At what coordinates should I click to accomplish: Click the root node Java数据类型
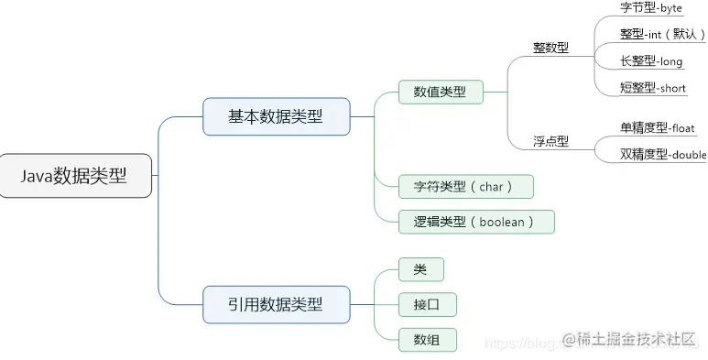(75, 175)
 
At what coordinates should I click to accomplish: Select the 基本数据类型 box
(276, 116)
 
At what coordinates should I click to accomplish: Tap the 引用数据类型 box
(276, 303)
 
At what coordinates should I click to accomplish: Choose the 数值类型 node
(440, 92)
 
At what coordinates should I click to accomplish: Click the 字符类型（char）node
(466, 187)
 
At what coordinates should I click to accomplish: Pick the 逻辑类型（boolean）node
(476, 221)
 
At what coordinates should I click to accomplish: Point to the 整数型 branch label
(550, 48)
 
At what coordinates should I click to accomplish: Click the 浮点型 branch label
(550, 141)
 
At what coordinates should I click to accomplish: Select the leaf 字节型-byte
(650, 8)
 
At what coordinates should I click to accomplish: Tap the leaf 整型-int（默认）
(662, 34)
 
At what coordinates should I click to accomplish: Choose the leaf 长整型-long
(650, 60)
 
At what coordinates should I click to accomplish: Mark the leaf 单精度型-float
(657, 127)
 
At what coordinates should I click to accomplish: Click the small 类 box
(421, 269)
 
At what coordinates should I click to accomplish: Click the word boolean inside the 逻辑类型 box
(499, 221)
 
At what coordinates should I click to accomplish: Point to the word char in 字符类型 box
(491, 187)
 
